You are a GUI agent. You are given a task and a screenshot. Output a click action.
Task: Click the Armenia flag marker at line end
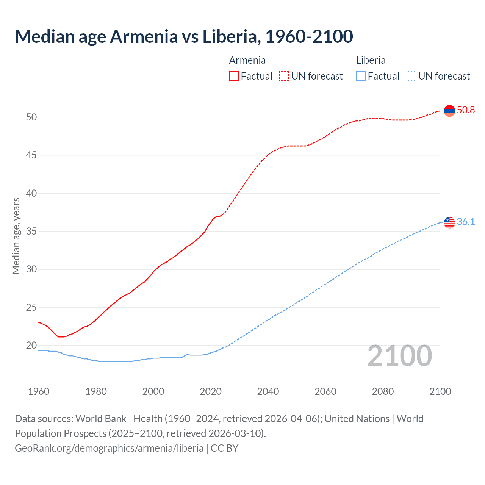pos(449,111)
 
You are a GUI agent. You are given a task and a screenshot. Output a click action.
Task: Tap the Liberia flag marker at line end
pos(449,222)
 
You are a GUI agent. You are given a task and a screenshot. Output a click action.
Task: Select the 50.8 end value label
pos(466,110)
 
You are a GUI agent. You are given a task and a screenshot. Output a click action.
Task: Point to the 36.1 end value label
pos(466,222)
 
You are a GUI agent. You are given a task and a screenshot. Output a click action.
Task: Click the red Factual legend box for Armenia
pos(234,76)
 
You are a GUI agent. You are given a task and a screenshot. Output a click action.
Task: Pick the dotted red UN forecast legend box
pos(284,76)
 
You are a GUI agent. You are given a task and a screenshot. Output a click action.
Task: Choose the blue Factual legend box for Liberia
pos(361,76)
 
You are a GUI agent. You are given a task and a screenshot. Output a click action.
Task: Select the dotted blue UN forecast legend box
pos(411,76)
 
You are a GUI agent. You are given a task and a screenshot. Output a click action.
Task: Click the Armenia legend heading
pos(247,60)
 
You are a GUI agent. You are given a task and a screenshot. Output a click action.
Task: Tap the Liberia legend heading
pos(371,60)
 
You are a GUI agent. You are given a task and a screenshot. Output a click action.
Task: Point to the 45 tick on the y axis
pos(31,155)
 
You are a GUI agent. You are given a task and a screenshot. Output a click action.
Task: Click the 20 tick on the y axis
pos(31,346)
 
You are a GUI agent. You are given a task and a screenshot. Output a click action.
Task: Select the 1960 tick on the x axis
pos(39,391)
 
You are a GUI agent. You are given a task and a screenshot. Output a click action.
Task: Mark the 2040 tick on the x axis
pos(268,391)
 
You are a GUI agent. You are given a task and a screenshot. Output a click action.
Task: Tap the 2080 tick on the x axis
pos(383,391)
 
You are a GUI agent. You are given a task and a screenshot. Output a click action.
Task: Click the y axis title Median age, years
pos(16,236)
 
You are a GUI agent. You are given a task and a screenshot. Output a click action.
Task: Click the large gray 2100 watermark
pos(399,356)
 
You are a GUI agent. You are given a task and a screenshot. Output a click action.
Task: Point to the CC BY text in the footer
pos(224,448)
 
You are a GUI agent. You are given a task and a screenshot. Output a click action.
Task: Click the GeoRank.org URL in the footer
pos(109,448)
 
